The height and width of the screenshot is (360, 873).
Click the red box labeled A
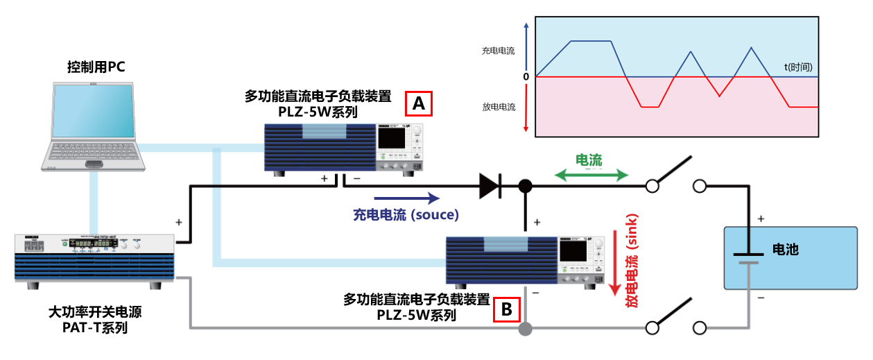(x=418, y=103)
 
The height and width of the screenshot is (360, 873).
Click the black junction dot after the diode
(x=526, y=186)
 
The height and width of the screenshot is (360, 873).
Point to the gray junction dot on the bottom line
(x=526, y=328)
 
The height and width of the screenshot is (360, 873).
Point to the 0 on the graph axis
(x=526, y=77)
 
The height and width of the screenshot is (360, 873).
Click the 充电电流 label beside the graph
(x=499, y=51)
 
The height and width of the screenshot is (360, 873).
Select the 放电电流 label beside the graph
(x=499, y=107)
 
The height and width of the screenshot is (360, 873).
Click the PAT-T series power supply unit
(x=94, y=257)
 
